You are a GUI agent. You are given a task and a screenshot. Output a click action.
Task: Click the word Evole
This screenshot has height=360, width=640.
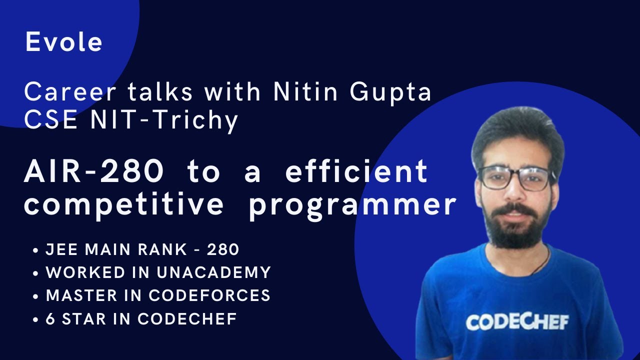click(x=64, y=42)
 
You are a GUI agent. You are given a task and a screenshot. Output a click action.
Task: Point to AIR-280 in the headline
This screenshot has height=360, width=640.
click(x=94, y=171)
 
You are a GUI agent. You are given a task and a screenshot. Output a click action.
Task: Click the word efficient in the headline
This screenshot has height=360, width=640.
click(x=356, y=171)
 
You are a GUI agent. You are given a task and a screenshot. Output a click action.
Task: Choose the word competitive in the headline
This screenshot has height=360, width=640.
click(x=124, y=204)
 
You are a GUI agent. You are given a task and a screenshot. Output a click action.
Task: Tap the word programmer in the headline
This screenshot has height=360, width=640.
click(x=352, y=205)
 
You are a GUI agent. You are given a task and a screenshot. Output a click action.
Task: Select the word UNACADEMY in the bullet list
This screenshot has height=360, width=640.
click(x=214, y=272)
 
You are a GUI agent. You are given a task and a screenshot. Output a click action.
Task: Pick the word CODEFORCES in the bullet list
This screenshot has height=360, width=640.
click(x=210, y=295)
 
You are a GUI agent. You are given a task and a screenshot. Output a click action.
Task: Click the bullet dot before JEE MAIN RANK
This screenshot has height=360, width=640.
click(x=35, y=250)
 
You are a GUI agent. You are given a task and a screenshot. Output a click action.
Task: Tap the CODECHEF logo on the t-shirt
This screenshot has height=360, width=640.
click(x=517, y=321)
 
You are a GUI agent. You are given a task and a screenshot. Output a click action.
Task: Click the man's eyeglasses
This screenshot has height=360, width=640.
click(x=515, y=178)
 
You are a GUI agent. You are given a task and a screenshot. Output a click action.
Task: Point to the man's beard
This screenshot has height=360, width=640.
click(x=516, y=227)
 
